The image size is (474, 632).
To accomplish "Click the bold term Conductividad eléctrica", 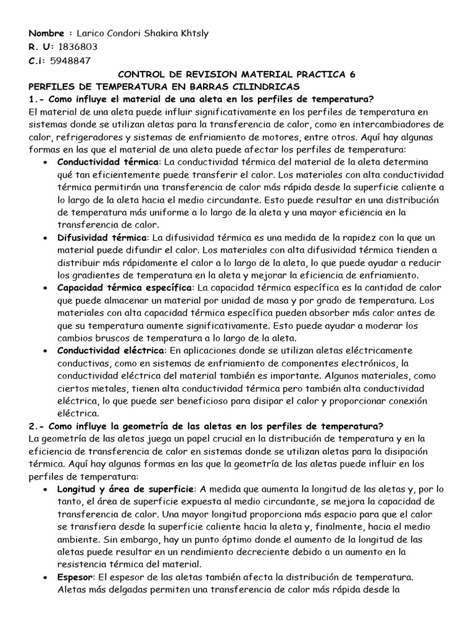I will coord(108,351).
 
